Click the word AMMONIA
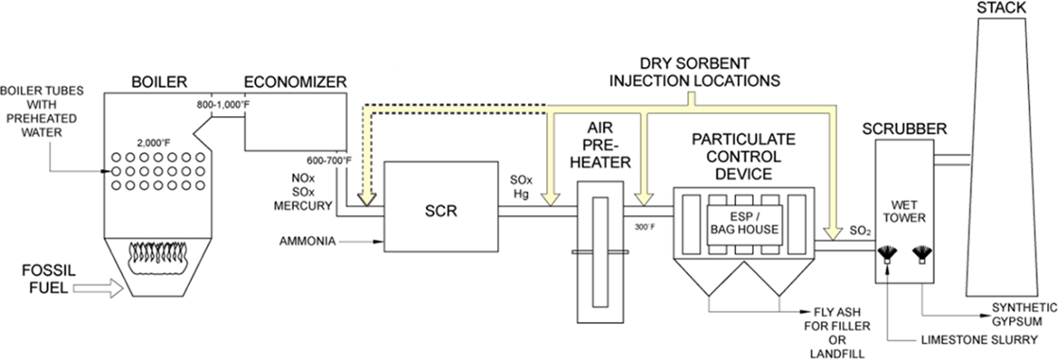point(308,241)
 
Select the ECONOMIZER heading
point(295,82)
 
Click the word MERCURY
point(307,205)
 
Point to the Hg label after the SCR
point(523,195)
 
